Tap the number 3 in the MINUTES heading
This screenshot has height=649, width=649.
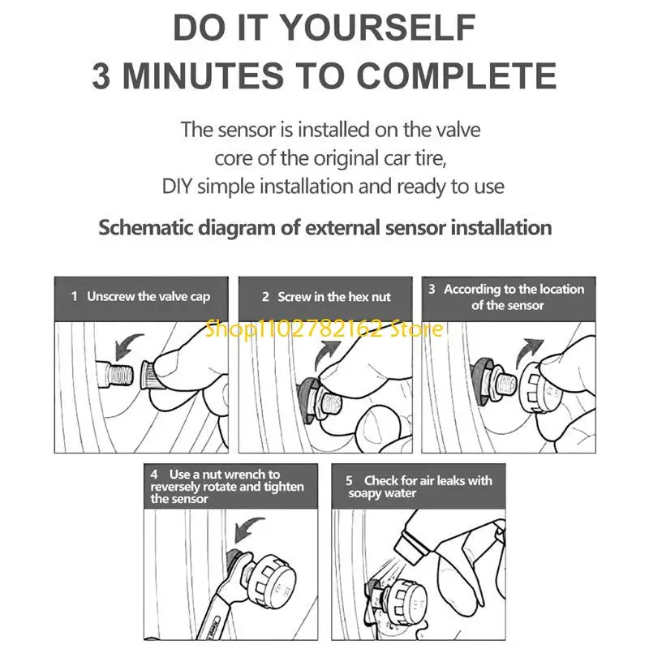point(101,75)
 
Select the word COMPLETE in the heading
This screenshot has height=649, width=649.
point(456,75)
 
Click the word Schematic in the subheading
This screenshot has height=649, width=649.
point(146,228)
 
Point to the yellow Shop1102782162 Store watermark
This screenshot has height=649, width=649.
point(324,329)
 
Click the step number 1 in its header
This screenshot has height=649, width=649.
point(75,296)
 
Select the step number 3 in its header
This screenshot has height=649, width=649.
point(432,289)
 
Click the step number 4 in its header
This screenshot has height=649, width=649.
point(154,475)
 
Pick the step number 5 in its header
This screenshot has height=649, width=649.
point(350,481)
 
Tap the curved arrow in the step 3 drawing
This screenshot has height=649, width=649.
point(529,353)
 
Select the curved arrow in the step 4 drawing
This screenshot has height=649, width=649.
point(248,530)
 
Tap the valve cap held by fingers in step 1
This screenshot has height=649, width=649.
point(152,376)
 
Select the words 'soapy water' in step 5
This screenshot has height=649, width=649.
point(382,493)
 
